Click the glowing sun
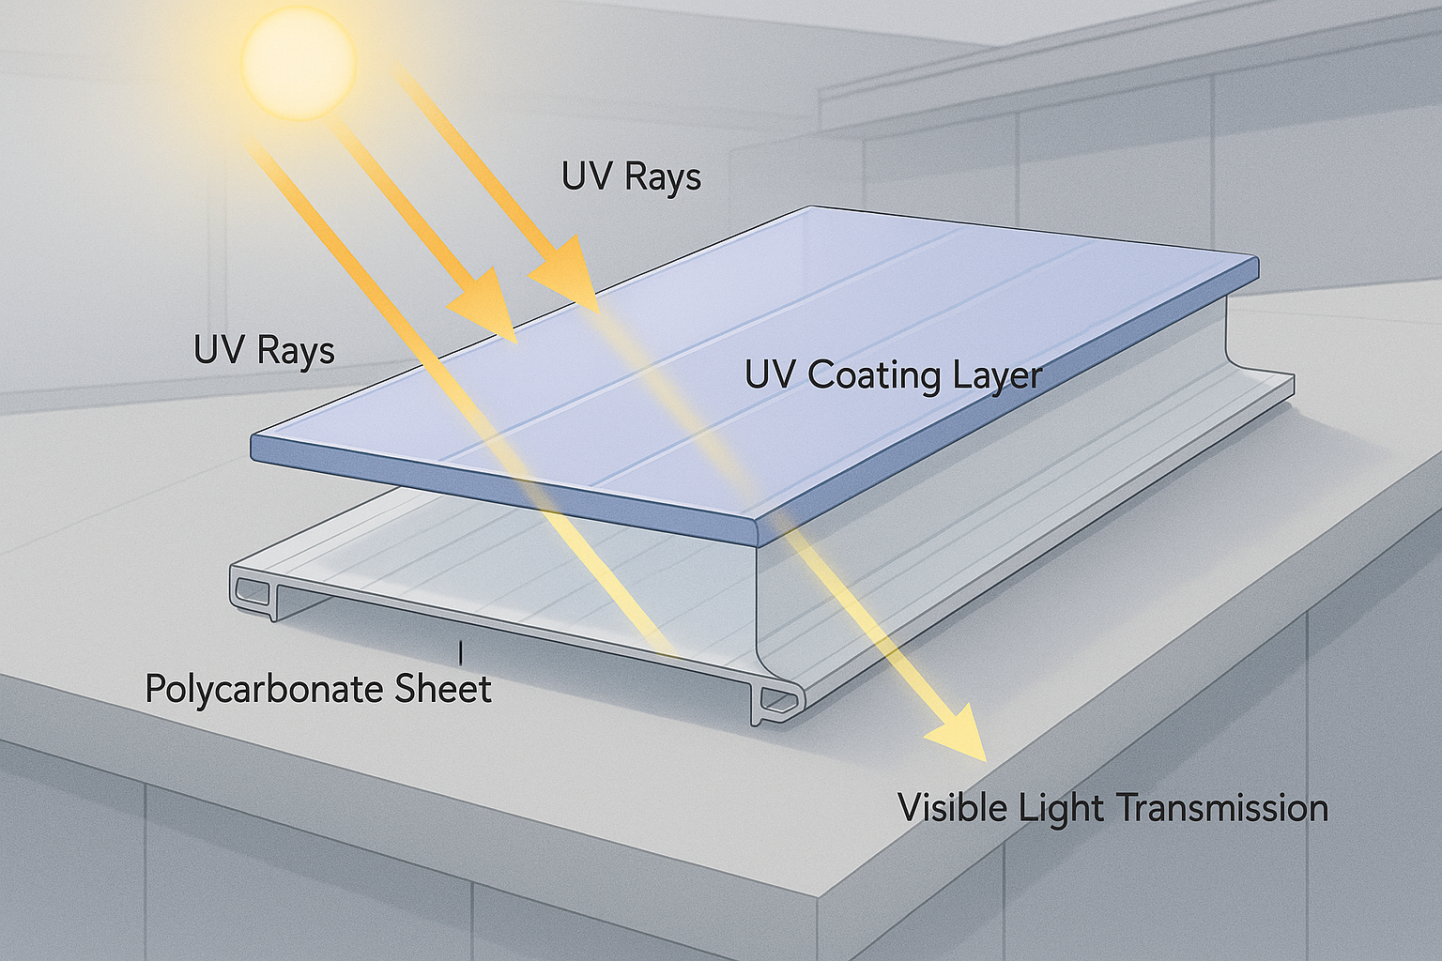point(299,60)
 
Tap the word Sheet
point(442,689)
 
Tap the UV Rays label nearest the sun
point(631,177)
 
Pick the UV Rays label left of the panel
point(264,351)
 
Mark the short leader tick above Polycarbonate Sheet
point(460,649)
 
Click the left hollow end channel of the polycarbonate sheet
point(252,592)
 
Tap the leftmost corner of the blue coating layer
point(253,447)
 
